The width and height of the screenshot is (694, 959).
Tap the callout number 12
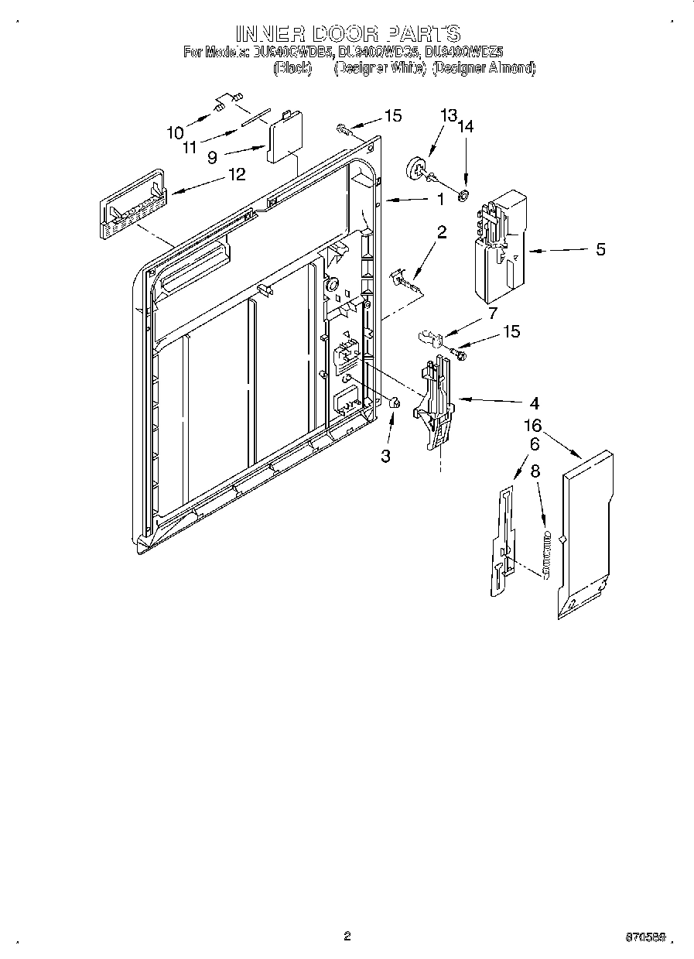(236, 174)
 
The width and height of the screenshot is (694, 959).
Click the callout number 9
(211, 156)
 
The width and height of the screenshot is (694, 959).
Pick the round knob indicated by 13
(418, 169)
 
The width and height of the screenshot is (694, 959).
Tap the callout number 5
(600, 249)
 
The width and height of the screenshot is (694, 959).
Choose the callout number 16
(532, 426)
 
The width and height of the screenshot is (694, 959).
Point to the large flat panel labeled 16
(586, 534)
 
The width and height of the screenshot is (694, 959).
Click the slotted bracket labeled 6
(502, 542)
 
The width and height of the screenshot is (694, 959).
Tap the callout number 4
(534, 403)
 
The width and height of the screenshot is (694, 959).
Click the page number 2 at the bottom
(347, 936)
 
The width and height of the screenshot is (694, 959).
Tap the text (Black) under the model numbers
(293, 68)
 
